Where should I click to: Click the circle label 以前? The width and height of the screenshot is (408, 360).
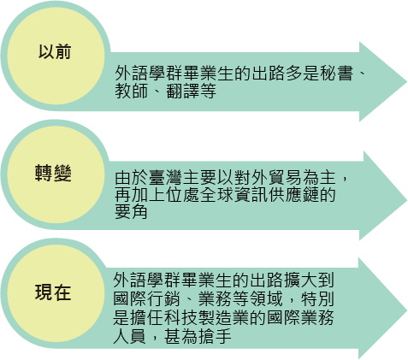point(55,51)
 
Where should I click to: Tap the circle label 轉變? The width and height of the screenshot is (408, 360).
point(53,173)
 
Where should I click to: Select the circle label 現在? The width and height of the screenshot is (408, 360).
point(53,292)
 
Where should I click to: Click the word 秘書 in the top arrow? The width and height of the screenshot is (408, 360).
point(337,73)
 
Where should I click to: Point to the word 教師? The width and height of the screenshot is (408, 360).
point(132,91)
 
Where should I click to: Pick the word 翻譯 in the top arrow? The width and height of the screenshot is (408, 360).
point(183,91)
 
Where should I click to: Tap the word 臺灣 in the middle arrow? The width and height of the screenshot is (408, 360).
point(166,177)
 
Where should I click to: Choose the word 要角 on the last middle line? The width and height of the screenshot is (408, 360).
point(131,212)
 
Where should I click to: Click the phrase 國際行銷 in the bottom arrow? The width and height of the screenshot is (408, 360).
point(147,298)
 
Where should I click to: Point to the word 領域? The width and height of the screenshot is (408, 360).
point(266,298)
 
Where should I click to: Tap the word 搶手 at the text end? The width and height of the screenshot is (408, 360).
point(215,336)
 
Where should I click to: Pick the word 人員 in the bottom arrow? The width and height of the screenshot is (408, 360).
point(130,336)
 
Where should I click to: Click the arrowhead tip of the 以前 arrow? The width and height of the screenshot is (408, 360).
point(407,81)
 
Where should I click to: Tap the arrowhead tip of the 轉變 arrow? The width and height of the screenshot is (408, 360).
point(407,200)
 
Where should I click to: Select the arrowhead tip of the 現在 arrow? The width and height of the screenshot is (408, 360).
point(407,310)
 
